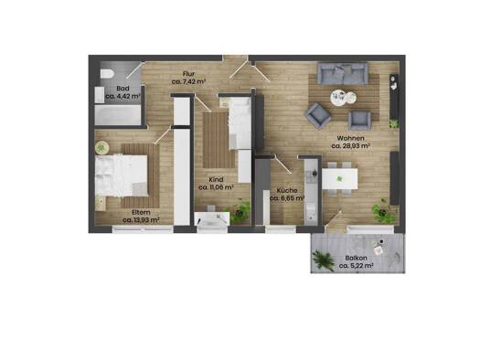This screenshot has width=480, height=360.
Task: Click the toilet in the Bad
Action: (x=107, y=74)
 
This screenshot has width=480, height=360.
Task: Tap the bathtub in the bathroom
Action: (x=118, y=115)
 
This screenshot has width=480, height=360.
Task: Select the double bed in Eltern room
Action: (x=122, y=175)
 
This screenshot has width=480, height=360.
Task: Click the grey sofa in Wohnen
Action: (x=343, y=73)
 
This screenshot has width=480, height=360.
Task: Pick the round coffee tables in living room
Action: (x=343, y=98)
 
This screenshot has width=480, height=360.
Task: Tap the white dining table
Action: (x=339, y=178)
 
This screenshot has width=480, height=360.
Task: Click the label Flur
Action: (x=188, y=74)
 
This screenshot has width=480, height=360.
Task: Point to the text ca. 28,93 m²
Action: (x=351, y=146)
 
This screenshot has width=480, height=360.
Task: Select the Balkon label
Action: (x=356, y=259)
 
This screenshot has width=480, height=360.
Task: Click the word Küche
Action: (x=287, y=191)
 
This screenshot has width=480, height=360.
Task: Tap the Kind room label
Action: (x=216, y=179)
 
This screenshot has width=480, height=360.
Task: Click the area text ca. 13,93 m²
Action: (x=141, y=220)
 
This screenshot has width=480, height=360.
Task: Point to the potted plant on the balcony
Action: (x=323, y=259)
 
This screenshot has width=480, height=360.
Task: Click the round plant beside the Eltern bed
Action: (x=101, y=148)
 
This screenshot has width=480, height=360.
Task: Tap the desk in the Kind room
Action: (x=212, y=218)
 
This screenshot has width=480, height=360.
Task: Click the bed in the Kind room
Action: (x=240, y=123)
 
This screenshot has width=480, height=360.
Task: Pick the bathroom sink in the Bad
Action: (x=100, y=95)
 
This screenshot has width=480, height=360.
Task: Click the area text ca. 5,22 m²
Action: (x=356, y=266)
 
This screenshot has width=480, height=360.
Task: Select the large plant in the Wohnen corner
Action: (x=384, y=211)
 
